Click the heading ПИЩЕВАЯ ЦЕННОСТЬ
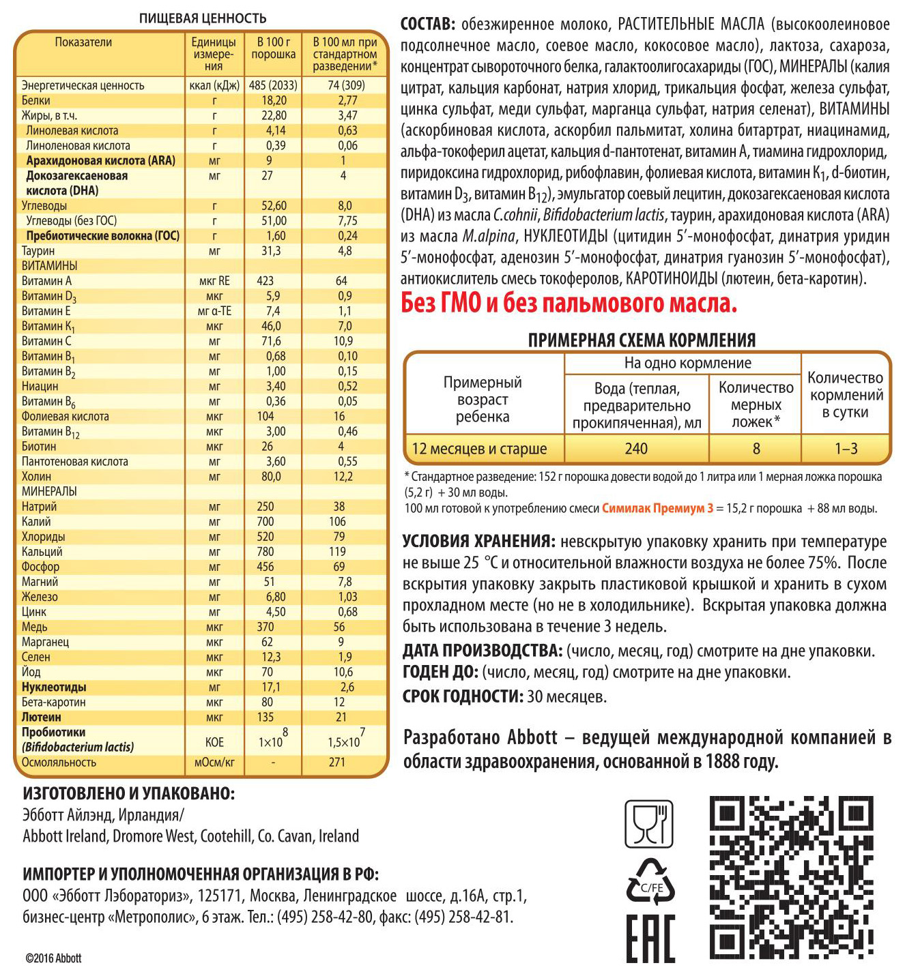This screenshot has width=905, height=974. (x=203, y=18)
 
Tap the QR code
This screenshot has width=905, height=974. (x=792, y=878)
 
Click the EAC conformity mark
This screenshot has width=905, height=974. (x=650, y=939)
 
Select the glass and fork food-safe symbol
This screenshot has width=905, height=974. (x=649, y=824)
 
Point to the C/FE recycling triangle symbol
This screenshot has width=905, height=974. (x=650, y=883)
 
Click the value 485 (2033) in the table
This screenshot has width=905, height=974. (x=273, y=85)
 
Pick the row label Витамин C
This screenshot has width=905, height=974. (x=46, y=341)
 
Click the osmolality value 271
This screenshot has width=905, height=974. (x=337, y=763)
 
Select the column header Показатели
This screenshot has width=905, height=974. (x=83, y=42)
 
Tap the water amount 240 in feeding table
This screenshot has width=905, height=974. (x=636, y=449)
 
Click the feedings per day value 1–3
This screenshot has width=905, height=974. (x=846, y=449)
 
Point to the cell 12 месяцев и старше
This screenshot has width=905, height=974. (x=479, y=449)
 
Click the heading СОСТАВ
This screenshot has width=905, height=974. (x=427, y=25)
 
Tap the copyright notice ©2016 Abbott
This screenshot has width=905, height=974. (x=53, y=958)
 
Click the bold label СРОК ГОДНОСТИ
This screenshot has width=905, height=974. (x=463, y=696)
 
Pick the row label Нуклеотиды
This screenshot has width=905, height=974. (x=54, y=688)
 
